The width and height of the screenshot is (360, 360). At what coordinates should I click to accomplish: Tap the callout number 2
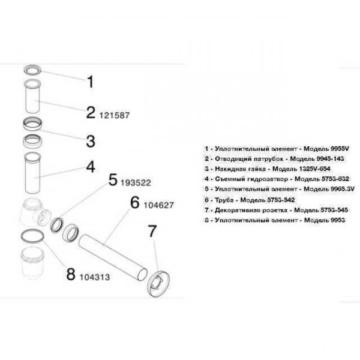click(91, 112)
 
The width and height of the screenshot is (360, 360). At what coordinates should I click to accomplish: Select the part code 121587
click(114, 113)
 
